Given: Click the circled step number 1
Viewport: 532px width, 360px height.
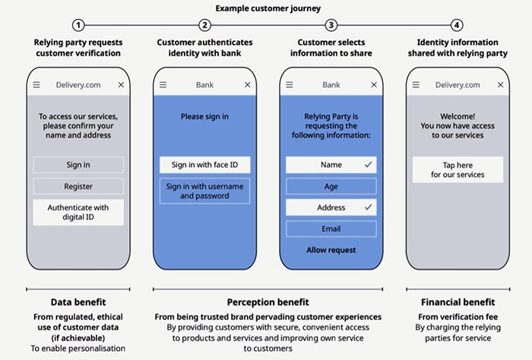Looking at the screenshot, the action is [x=78, y=25].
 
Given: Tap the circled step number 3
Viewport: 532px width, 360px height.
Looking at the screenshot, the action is [x=331, y=25].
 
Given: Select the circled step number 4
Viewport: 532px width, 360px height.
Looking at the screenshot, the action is [x=457, y=25].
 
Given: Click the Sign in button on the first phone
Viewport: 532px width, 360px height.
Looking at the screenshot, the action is [x=78, y=165].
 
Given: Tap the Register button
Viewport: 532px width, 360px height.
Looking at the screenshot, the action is [x=78, y=186].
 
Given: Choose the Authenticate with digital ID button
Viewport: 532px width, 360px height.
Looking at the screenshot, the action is [x=78, y=212].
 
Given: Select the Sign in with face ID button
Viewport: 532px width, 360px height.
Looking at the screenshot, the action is [x=205, y=165].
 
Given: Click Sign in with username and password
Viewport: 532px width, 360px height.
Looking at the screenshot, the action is [x=205, y=191].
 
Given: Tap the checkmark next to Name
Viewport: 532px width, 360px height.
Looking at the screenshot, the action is [x=368, y=164].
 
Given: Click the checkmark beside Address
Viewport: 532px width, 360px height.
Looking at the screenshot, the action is [x=368, y=207].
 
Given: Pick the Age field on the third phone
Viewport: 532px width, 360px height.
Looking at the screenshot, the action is [x=331, y=186].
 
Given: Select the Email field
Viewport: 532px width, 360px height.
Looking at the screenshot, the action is [x=331, y=229].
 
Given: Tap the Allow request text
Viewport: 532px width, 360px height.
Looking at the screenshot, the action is [x=331, y=250].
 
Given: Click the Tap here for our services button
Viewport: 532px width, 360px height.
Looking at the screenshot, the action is [x=458, y=169].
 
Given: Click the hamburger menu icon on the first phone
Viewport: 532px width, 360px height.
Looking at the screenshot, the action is [x=36, y=84].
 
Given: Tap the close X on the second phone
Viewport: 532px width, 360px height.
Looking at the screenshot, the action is [x=248, y=85].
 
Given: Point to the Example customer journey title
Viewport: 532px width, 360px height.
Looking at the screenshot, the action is [x=268, y=8].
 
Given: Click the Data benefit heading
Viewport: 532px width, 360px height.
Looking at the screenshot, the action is [x=78, y=302].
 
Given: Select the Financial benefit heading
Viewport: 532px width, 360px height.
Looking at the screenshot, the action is [x=458, y=302].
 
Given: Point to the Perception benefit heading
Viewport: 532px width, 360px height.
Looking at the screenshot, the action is [x=268, y=302].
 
